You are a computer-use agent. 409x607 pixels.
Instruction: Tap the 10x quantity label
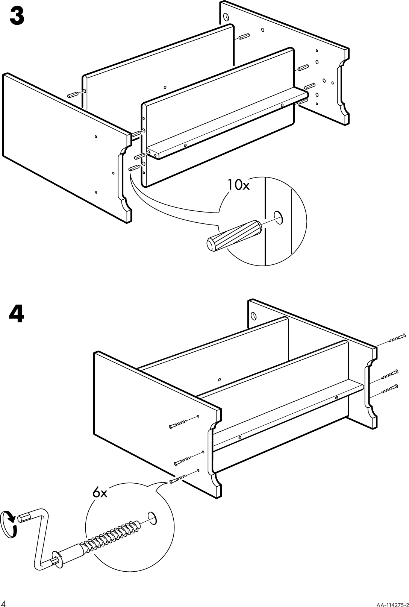pos(238,185)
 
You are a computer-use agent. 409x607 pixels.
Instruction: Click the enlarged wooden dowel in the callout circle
pos(233,236)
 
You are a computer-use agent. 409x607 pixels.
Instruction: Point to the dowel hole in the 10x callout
pos(279,217)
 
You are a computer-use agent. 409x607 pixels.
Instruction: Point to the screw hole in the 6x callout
pos(152,517)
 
